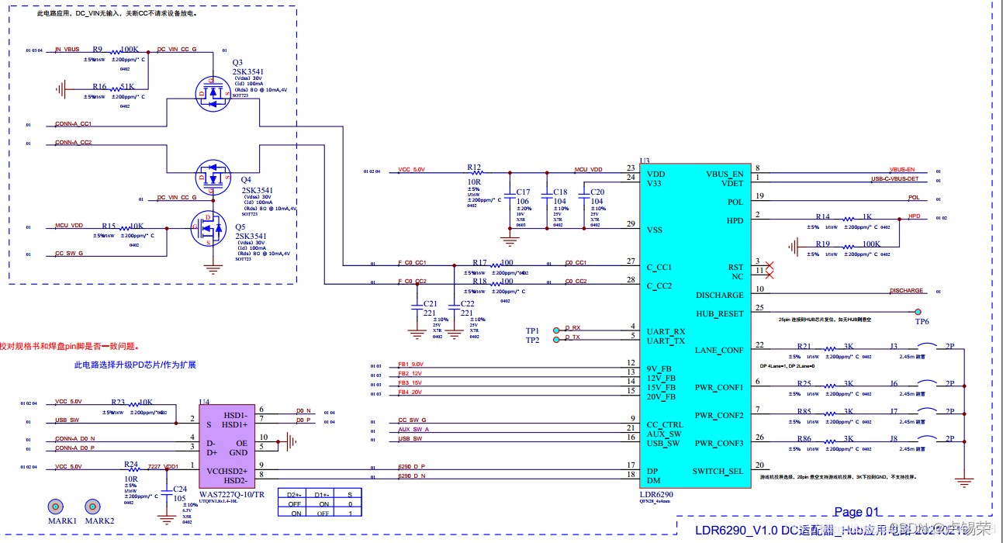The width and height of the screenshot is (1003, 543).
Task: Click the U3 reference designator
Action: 644,161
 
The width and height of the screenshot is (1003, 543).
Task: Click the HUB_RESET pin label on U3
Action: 719,313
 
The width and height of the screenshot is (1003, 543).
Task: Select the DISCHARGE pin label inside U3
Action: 719,295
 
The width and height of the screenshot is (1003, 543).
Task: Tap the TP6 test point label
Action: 922,321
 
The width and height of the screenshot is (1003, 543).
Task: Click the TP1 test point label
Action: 532,331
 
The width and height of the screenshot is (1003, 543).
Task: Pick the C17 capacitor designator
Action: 523,192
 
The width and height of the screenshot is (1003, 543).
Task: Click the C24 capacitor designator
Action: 179,489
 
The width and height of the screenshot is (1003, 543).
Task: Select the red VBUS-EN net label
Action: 902,170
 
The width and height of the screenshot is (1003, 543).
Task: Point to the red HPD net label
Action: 915,216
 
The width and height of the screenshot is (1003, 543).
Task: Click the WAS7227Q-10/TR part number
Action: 232,494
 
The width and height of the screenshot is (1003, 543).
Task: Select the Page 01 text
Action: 857,511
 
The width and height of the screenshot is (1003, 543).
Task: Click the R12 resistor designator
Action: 474,167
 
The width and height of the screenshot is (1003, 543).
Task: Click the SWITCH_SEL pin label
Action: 718,471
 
